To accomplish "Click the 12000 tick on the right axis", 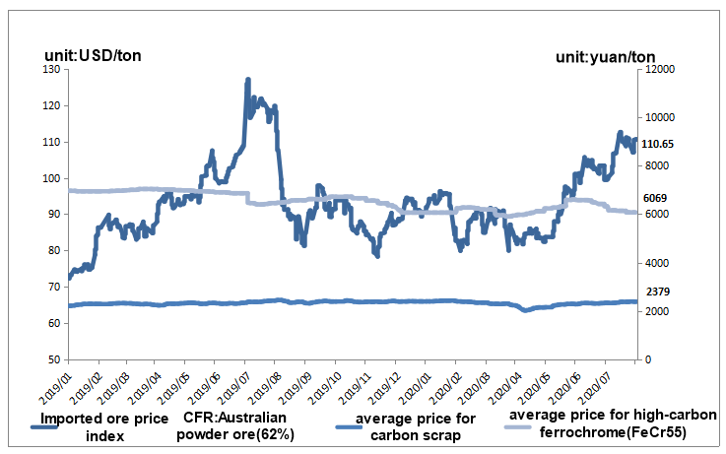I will point(659,70).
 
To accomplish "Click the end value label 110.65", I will point(657,144).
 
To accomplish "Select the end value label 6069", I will point(655,198).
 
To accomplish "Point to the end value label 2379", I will point(655,292).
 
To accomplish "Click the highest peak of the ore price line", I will point(248,80).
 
